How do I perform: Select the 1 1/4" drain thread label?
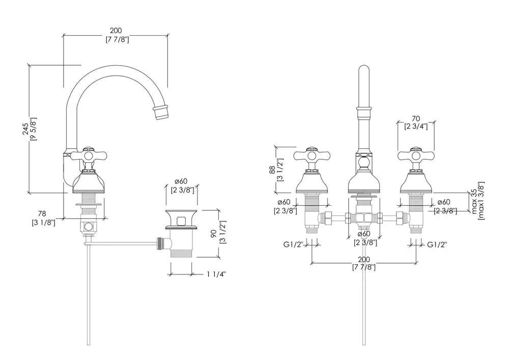(216, 274)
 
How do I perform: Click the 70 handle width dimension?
(415, 117)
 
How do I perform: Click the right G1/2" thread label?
(437, 245)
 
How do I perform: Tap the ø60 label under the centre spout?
(363, 234)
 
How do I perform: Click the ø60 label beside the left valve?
(284, 203)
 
